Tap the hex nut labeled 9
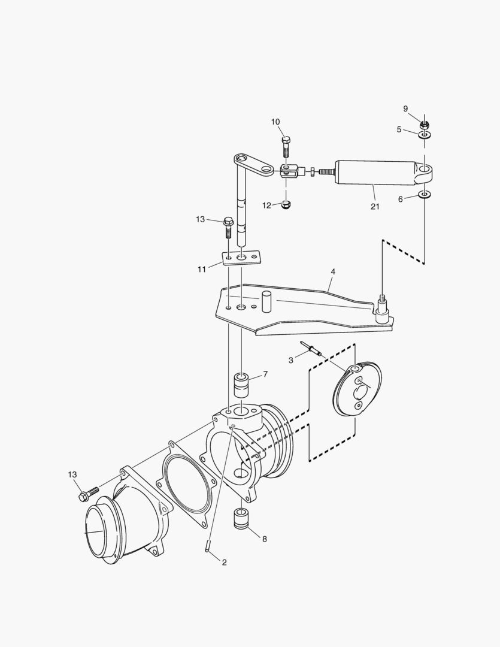coord(425,125)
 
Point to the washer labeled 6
coord(425,195)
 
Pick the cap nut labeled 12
coord(287,205)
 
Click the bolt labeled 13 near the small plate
coord(228,226)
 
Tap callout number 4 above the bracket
coord(333,271)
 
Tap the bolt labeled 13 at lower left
coord(87,494)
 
